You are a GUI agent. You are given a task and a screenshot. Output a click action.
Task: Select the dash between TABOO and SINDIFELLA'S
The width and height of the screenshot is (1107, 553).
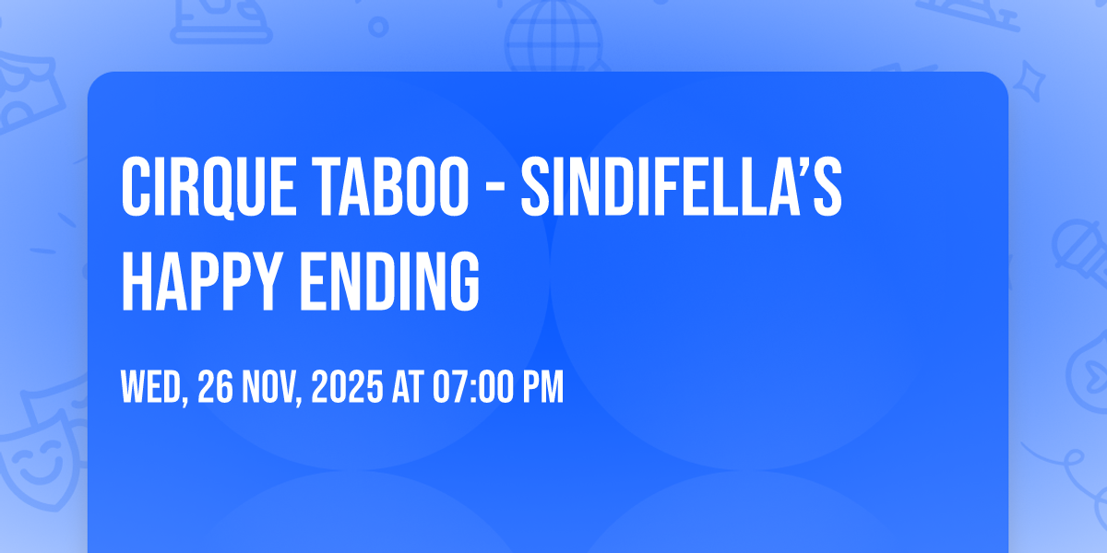tap(494, 189)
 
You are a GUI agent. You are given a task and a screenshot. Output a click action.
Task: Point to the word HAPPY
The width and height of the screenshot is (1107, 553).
tap(202, 281)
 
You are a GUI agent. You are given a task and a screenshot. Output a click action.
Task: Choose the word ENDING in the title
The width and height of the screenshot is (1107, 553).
tap(390, 281)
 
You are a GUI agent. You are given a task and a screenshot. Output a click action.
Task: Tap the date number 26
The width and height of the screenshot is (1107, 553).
tap(215, 387)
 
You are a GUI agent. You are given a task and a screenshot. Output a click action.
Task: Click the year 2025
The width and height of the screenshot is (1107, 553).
tap(347, 387)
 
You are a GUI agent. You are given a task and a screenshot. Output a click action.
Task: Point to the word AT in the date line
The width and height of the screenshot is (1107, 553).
tap(408, 387)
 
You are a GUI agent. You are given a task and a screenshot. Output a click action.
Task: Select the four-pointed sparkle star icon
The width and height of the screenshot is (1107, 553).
tap(1029, 81)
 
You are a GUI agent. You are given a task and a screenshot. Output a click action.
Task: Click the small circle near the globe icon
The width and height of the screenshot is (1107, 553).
tap(378, 27)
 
